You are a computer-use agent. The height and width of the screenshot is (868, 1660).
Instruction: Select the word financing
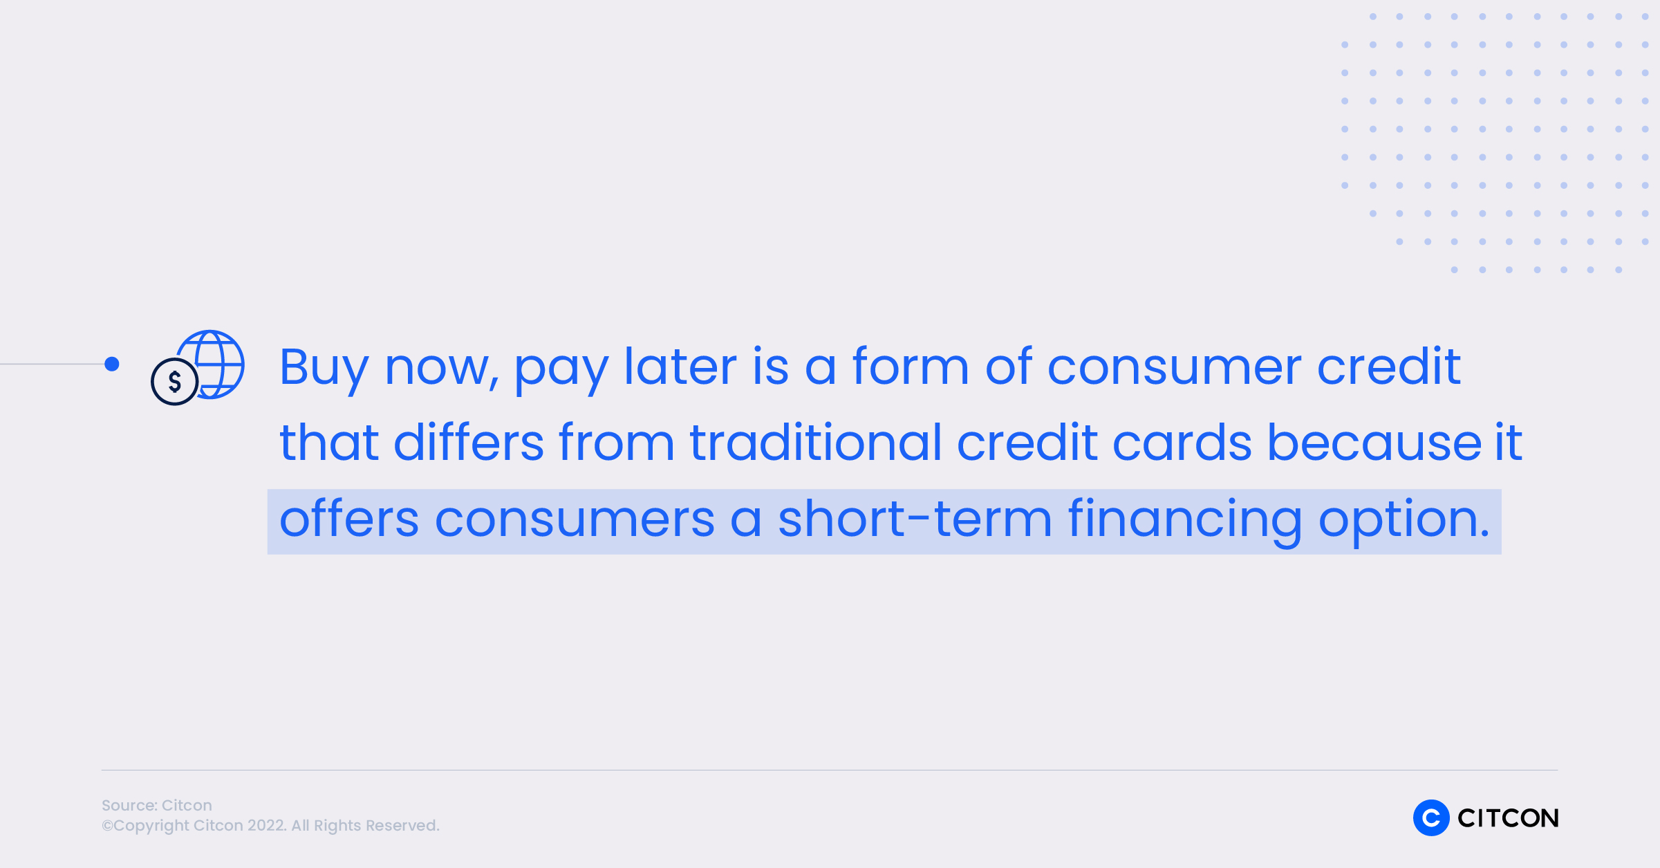point(1185,521)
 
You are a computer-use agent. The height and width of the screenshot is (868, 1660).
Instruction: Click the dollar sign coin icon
point(175,381)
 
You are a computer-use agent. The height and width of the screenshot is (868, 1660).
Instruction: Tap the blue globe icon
point(214,364)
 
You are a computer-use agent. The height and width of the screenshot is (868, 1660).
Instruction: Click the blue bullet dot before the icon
point(112,364)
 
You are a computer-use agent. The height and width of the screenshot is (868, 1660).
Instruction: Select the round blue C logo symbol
point(1431,818)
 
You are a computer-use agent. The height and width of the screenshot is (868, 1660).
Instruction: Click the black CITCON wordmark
point(1508,818)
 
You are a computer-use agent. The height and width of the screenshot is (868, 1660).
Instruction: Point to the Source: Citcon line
point(157,805)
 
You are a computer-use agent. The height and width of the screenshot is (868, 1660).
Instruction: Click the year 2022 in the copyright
point(266,825)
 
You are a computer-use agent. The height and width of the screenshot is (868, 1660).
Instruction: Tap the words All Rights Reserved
point(365,826)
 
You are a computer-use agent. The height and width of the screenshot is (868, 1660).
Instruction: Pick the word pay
point(561,372)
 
